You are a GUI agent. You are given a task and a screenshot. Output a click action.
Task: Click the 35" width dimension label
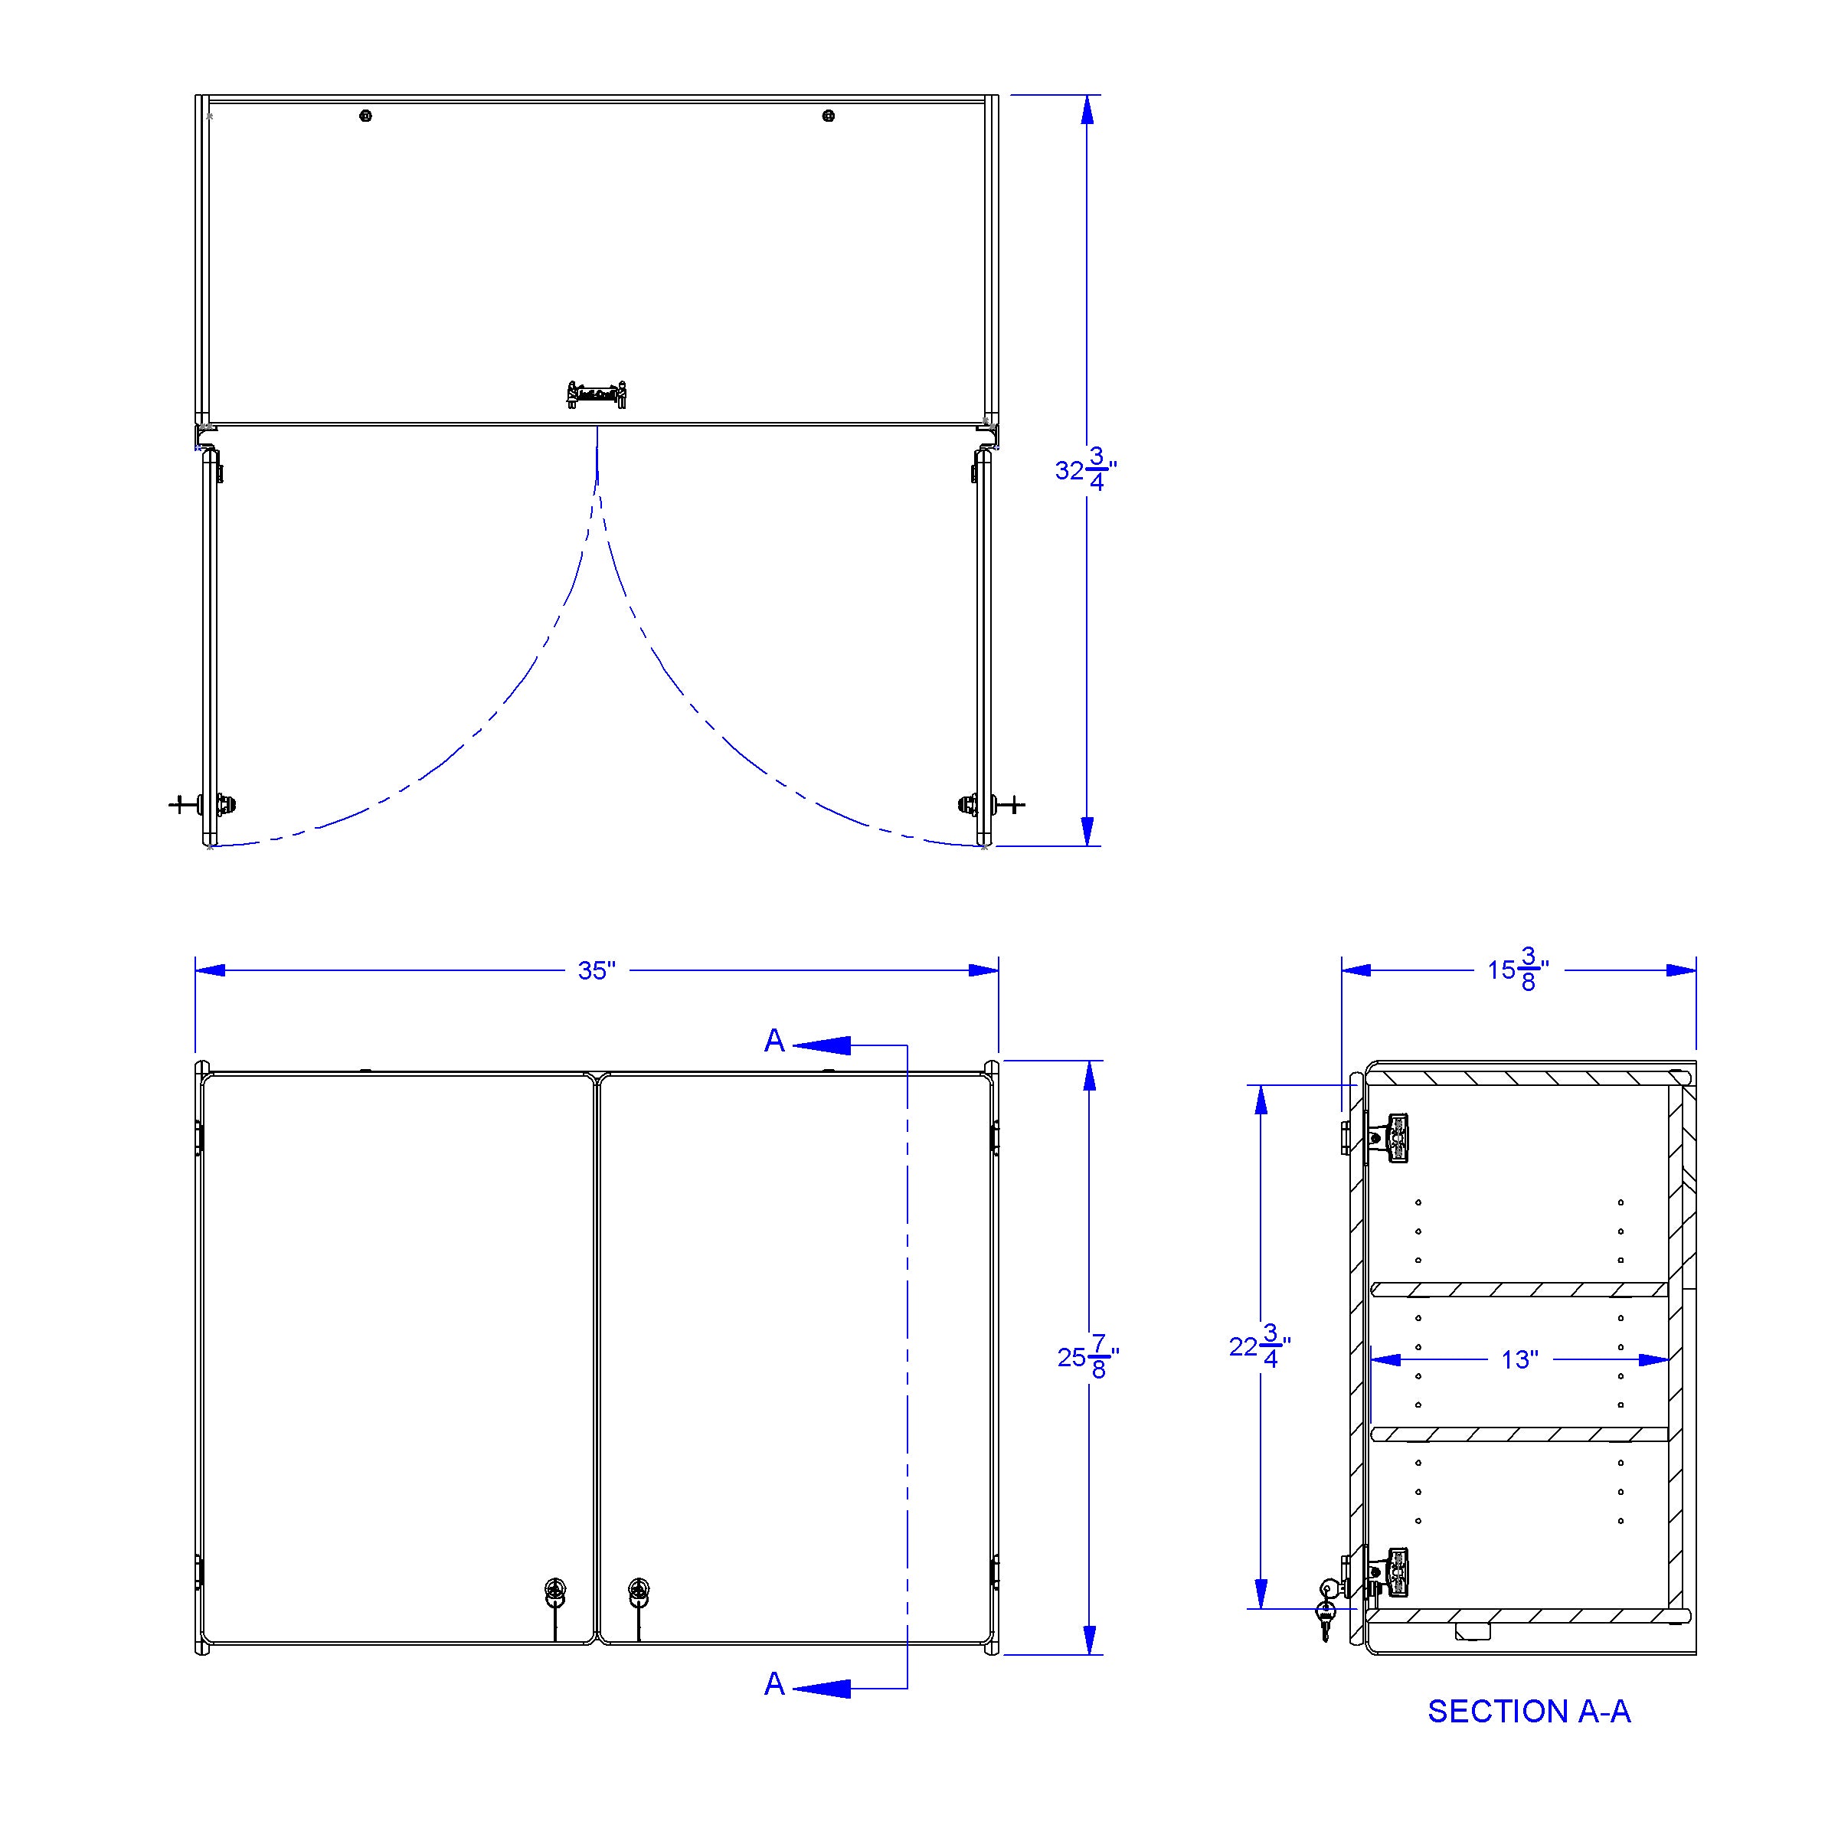pos(597,970)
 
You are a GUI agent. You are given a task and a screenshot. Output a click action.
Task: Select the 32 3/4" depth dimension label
pos(1085,470)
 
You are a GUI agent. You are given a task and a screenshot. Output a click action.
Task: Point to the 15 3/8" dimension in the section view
pos(1519,970)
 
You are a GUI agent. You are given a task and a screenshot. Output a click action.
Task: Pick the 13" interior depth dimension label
pos(1519,1360)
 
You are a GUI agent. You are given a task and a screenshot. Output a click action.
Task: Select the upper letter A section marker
pos(774,1042)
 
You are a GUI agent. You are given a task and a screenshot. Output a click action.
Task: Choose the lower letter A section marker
pos(774,1685)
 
